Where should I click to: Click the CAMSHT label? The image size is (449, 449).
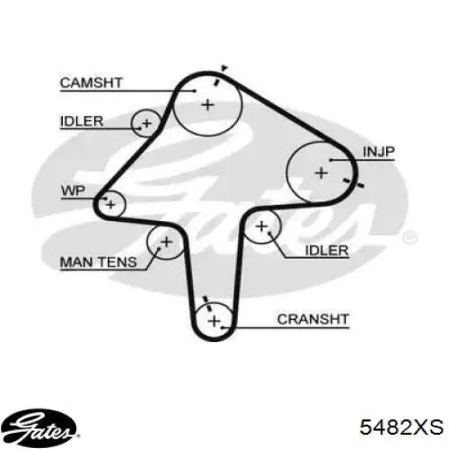point(92,83)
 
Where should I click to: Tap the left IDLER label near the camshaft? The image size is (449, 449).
point(82,121)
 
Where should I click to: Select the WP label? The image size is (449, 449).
point(74,190)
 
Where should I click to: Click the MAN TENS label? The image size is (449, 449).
point(99,262)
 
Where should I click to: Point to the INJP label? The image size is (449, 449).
point(379,152)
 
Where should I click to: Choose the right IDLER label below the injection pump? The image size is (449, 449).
point(327,251)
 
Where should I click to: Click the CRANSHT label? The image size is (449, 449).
point(313,319)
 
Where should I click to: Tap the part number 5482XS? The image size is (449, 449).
point(401,427)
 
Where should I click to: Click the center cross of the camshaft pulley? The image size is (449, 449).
point(208,105)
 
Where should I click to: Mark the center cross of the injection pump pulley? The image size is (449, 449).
point(321,173)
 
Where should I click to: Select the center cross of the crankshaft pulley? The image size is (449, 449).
point(215,321)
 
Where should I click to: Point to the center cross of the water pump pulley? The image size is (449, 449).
point(110,205)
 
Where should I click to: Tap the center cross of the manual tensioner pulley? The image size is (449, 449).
point(166,242)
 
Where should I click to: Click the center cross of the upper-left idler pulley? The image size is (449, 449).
point(146,123)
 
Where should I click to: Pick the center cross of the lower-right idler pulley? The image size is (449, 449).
point(262,226)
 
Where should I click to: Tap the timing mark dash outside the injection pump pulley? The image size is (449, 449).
point(354,182)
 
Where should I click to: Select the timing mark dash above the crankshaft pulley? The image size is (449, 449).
point(207,303)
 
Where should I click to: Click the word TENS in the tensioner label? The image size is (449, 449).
point(118,262)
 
